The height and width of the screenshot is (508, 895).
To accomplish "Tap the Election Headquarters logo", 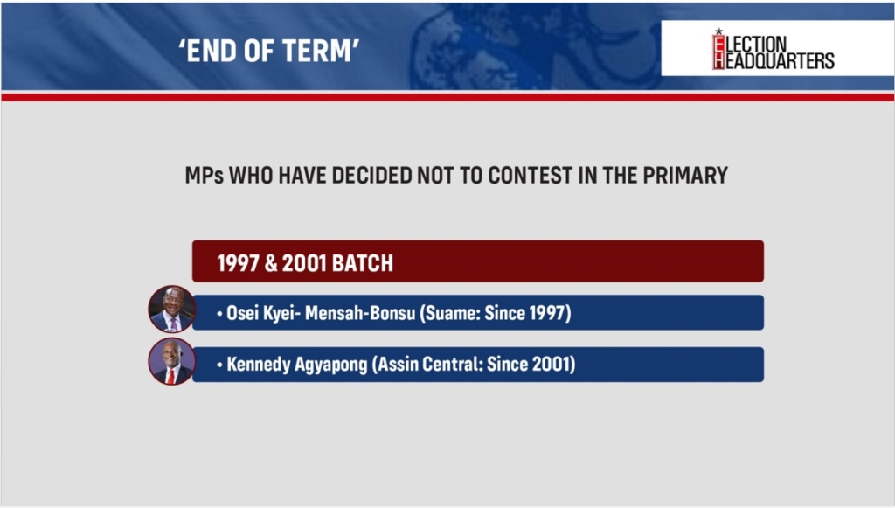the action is coord(774,49).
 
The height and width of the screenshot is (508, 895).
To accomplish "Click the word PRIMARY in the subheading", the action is coord(685,175).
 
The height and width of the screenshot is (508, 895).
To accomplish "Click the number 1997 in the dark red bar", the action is coord(239,263).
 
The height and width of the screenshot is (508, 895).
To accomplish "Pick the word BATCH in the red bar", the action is coord(363,263).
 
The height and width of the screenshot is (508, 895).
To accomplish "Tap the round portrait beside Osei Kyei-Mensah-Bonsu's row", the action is coord(172,309).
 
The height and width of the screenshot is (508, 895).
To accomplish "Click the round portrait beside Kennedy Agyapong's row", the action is coord(172,361).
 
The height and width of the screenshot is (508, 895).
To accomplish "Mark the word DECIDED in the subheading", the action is coord(371,175).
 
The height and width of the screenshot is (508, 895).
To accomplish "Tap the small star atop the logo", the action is coord(718,31).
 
